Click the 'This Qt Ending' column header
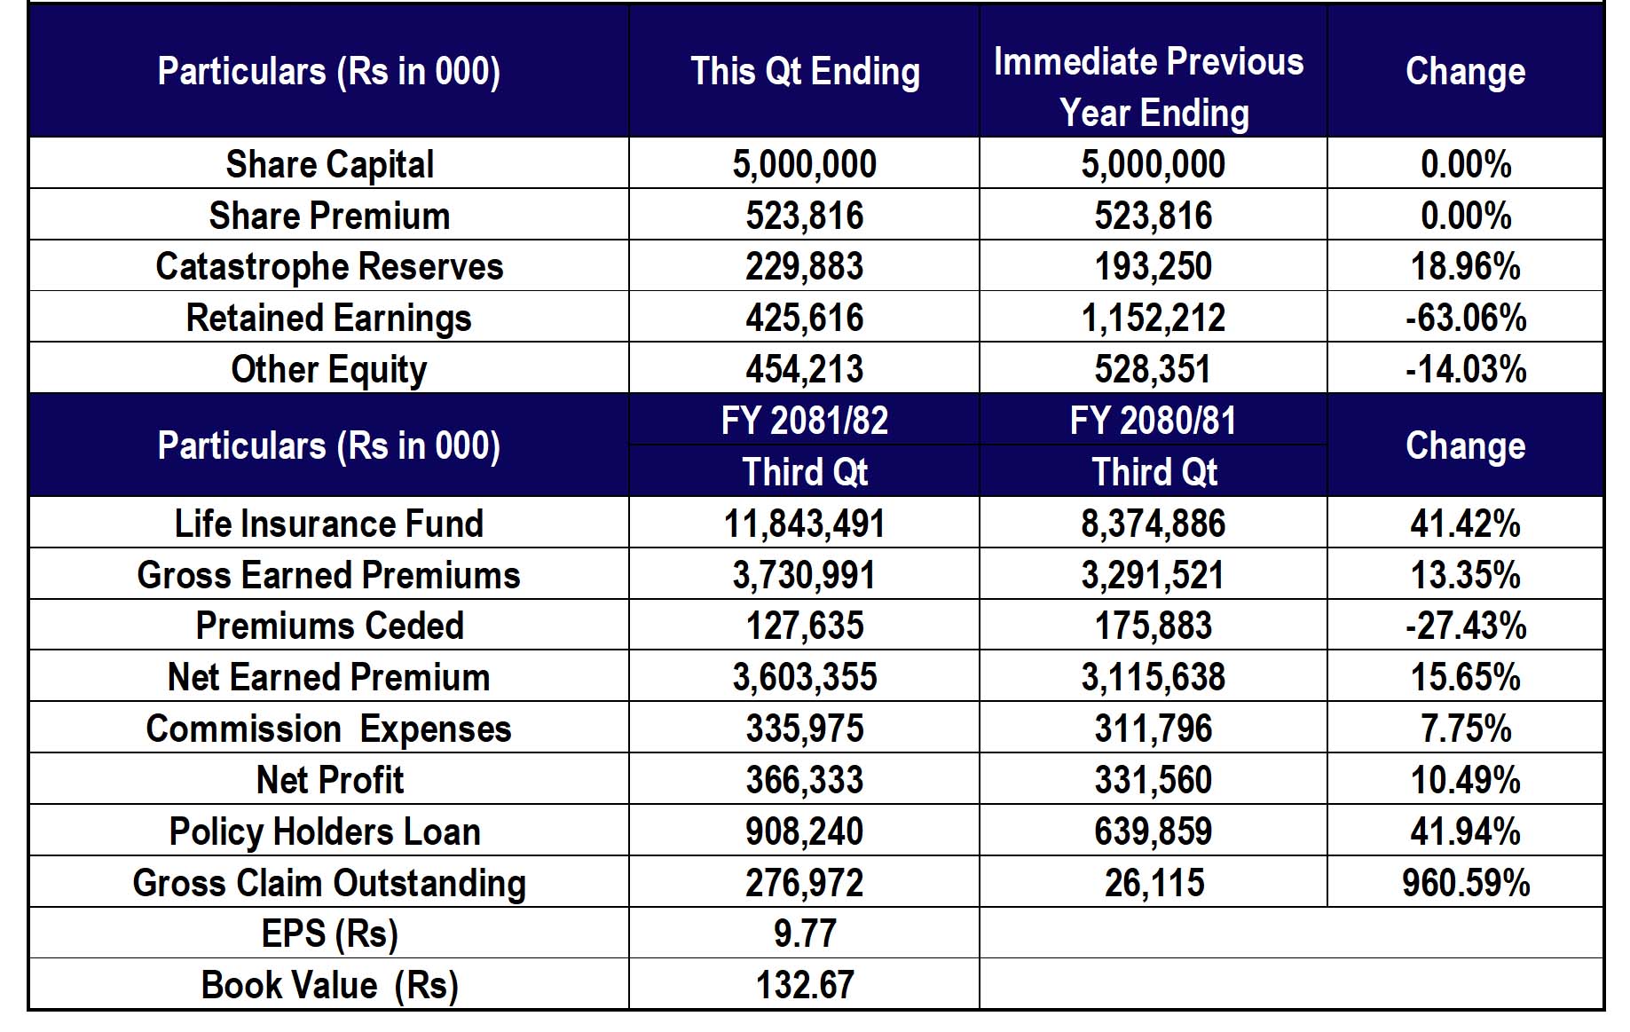805,72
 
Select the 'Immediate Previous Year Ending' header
1149,87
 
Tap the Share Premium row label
329,216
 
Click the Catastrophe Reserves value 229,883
805,266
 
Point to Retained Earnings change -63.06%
1466,318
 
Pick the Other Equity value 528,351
1153,369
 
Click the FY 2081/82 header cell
805,421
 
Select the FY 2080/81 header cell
1153,421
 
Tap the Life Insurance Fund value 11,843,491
805,524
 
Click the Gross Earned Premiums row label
328,575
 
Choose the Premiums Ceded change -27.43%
1466,626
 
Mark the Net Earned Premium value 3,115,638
1153,677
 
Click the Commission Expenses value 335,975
805,729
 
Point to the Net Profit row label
329,780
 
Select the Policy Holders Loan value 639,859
1153,831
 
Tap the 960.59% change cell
1466,883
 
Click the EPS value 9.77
805,934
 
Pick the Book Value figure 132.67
805,985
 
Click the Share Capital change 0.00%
1466,164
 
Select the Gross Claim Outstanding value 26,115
1154,883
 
